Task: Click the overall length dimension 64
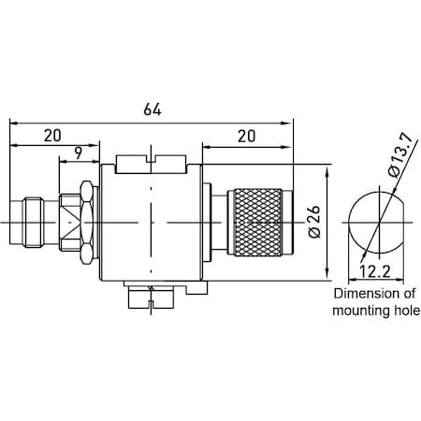(152, 109)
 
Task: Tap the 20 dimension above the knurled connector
(246, 136)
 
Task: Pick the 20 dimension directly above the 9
(52, 136)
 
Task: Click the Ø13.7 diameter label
(395, 160)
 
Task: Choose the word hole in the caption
(406, 311)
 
